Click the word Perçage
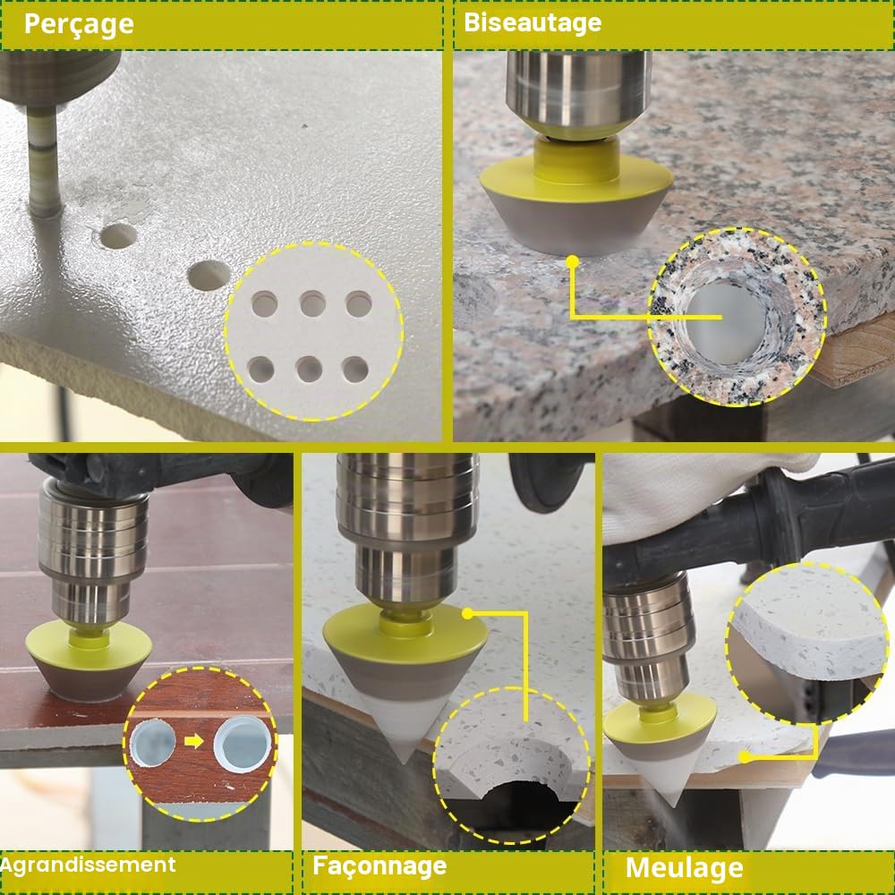[x=79, y=25]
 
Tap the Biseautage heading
[x=533, y=23]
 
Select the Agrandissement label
[x=88, y=865]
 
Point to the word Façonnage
[x=379, y=866]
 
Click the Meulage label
[x=685, y=867]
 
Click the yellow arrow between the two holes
[x=194, y=741]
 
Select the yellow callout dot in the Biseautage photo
[x=573, y=261]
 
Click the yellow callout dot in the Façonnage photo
[x=468, y=614]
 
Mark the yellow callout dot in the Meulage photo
[x=745, y=757]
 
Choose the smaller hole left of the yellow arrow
[x=152, y=741]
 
